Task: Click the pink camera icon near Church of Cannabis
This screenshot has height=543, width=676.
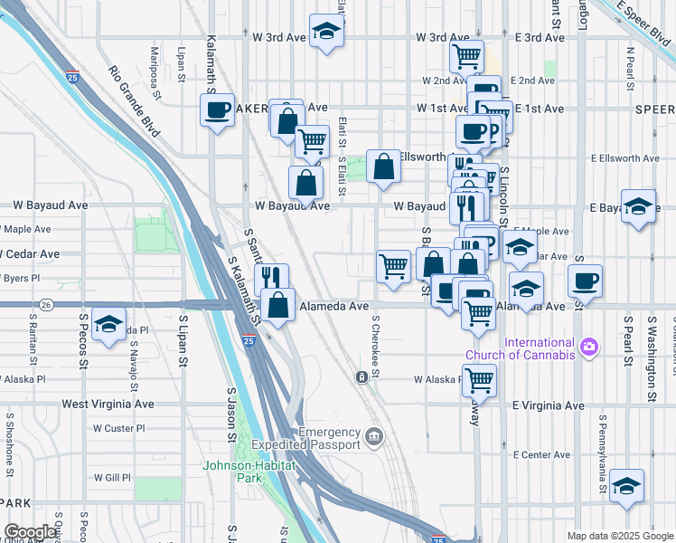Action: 589,347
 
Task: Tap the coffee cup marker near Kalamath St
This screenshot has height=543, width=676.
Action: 217,110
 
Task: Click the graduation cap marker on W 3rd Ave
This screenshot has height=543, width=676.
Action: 325,31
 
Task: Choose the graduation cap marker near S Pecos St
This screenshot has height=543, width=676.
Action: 109,326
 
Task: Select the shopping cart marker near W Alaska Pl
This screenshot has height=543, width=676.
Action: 479,381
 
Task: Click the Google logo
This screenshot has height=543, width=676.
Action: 31,532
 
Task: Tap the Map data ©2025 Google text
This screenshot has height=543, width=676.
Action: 620,536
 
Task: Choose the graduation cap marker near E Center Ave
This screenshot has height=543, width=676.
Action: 626,486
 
